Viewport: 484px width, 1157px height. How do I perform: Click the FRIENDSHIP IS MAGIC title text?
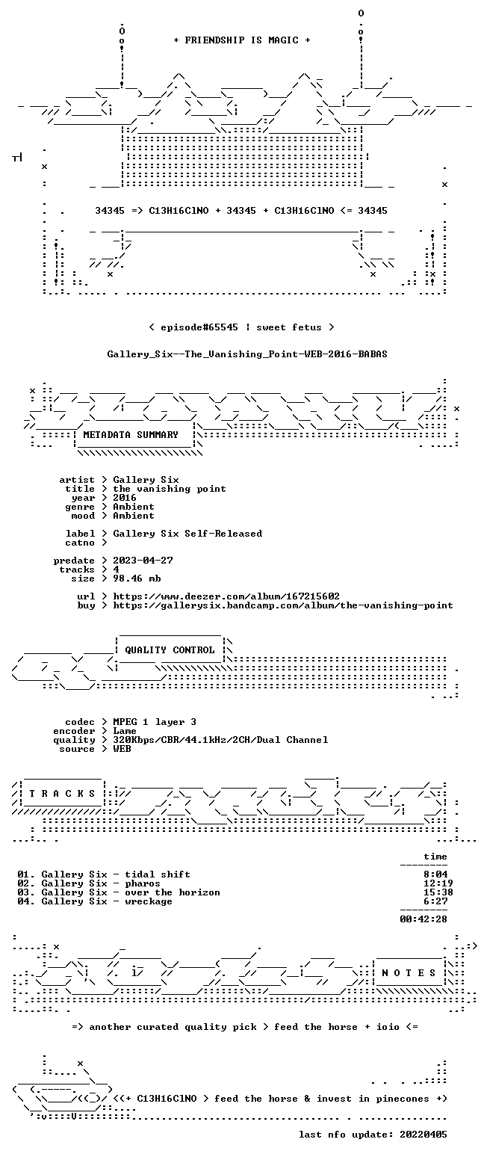tap(242, 40)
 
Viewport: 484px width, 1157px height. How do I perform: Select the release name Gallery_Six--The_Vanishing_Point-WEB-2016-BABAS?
tap(247, 354)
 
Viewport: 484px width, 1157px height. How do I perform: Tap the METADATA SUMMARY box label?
tap(131, 435)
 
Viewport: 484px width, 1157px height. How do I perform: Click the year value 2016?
tap(125, 498)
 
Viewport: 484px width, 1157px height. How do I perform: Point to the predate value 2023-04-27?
tap(143, 561)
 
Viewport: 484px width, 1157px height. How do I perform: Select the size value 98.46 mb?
tap(137, 578)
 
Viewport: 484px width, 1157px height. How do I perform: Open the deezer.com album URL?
tap(226, 596)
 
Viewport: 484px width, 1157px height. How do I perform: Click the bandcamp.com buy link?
tap(283, 605)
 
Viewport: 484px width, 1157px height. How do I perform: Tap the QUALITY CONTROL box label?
tap(170, 650)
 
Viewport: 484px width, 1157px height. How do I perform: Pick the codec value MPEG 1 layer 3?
tap(155, 722)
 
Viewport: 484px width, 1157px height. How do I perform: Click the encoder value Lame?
tap(125, 731)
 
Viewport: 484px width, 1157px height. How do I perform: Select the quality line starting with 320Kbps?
tap(220, 740)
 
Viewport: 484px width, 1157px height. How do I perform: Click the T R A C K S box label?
tap(63, 793)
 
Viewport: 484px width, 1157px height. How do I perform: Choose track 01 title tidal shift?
tap(158, 874)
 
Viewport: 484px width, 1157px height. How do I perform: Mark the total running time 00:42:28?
tap(423, 919)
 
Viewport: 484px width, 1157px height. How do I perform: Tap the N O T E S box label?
tap(409, 973)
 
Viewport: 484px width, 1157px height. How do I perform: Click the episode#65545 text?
tap(199, 327)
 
